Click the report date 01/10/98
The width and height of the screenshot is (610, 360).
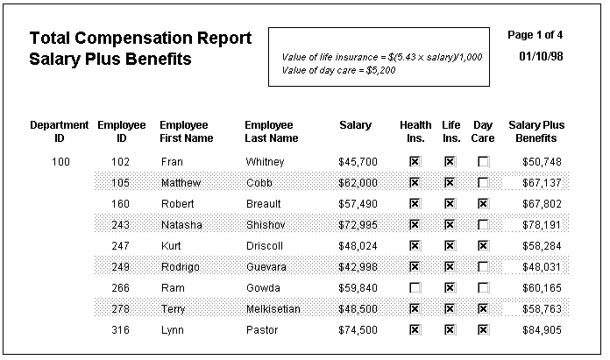[x=541, y=56]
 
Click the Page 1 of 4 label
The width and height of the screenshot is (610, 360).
[x=535, y=35]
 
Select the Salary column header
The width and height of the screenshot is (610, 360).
[x=355, y=125]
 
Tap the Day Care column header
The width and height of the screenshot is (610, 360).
[x=483, y=131]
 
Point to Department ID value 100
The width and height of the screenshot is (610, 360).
[x=60, y=162]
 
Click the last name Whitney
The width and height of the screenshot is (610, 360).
[x=265, y=162]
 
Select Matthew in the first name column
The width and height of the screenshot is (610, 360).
[x=181, y=183]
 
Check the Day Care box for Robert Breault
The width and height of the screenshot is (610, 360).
[x=483, y=204]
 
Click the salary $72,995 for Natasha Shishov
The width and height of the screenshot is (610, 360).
[x=358, y=225]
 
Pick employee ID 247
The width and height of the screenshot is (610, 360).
[x=120, y=246]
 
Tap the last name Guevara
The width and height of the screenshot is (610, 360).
[x=266, y=266]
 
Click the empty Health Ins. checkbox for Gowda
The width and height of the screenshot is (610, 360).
[x=415, y=287]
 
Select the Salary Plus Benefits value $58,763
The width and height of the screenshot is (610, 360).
[x=542, y=308]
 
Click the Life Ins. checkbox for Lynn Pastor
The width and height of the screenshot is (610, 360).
[x=450, y=329]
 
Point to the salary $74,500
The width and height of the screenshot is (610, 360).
[x=358, y=329]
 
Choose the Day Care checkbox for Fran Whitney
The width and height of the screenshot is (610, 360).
[x=483, y=162]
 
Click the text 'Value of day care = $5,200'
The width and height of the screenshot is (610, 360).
[x=338, y=70]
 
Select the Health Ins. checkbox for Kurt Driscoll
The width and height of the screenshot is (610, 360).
[x=415, y=246]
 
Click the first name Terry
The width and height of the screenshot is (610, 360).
[x=173, y=309]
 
